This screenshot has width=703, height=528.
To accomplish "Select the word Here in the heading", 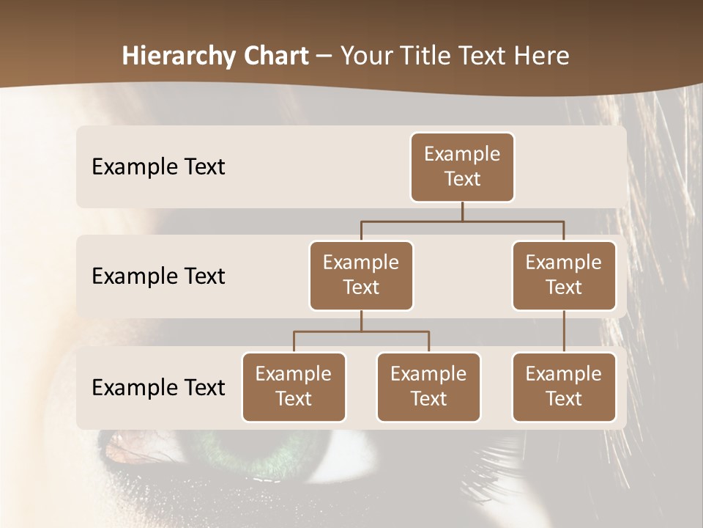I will tap(542, 56).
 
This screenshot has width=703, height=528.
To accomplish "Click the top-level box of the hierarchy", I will tap(462, 166).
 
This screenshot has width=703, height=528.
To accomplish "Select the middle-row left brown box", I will tap(361, 275).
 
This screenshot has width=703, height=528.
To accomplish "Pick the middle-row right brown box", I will tap(564, 275).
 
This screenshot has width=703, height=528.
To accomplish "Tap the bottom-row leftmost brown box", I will tap(294, 386).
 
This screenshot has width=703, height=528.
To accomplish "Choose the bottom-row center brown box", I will tap(428, 386).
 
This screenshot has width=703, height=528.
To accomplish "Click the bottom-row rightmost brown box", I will tap(564, 386).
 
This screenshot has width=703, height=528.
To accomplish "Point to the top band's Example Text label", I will tap(158, 167).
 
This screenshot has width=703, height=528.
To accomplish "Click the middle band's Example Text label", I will tap(158, 276).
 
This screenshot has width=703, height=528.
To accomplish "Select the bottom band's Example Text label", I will tap(158, 387).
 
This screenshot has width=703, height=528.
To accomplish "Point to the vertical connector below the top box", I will tap(462, 211).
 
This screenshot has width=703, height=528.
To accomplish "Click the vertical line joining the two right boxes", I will tap(564, 331).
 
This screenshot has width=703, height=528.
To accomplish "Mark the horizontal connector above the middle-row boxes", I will tap(462, 221).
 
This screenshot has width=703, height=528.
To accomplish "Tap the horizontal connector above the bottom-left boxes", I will tap(361, 331).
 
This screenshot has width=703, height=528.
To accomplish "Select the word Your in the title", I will tap(364, 56).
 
